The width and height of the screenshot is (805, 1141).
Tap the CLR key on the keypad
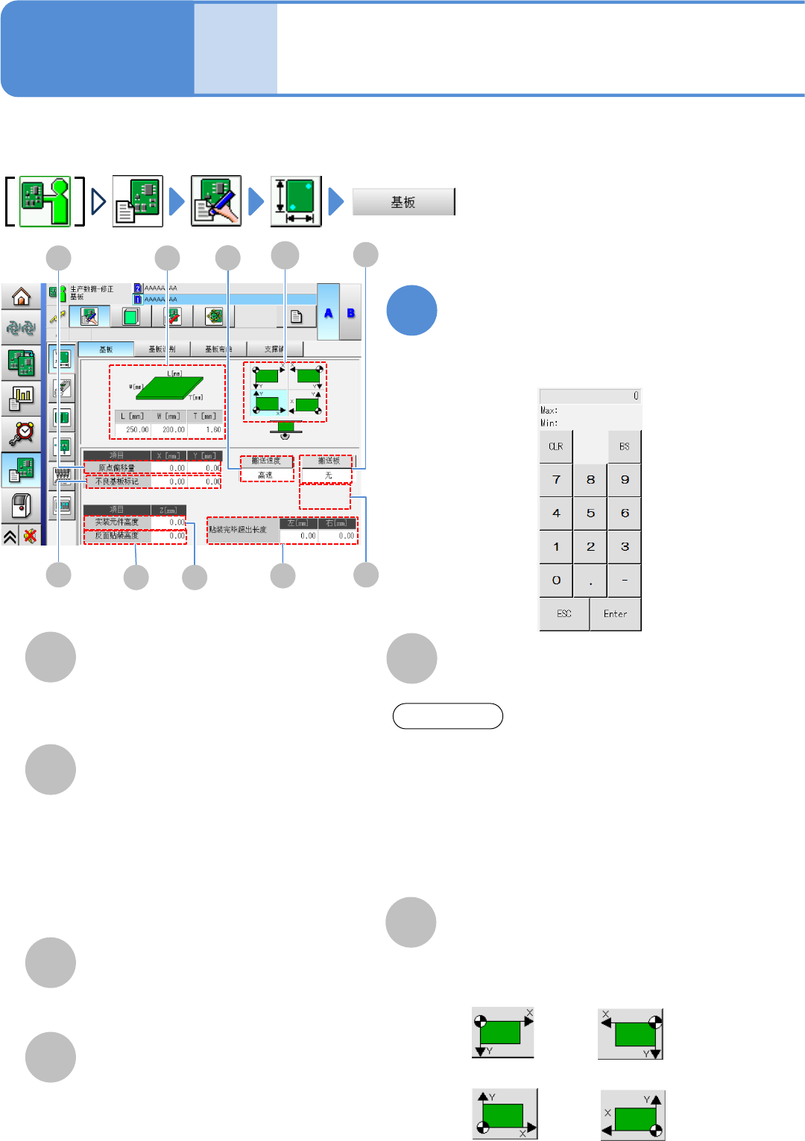[556, 446]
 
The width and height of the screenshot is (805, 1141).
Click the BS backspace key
[624, 446]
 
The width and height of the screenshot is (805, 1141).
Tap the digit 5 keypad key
[590, 513]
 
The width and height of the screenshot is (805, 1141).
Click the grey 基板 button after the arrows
[403, 202]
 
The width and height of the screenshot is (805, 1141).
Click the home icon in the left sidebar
[21, 297]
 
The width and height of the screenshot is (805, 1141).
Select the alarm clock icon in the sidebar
[21, 432]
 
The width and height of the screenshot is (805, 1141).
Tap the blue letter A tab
[328, 313]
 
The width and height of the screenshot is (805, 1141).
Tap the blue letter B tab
[350, 313]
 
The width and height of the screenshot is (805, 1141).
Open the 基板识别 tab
[162, 349]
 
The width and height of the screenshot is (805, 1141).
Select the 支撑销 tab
[274, 349]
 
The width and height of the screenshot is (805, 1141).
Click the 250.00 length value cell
[136, 429]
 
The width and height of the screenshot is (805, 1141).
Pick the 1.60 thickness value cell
[212, 429]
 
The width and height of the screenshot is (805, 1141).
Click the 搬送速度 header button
[266, 461]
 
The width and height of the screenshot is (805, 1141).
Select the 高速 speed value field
[266, 475]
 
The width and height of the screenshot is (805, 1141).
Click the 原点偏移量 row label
[117, 468]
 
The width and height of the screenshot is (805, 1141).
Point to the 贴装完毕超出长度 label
[239, 530]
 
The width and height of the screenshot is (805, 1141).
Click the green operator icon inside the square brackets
[45, 201]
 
